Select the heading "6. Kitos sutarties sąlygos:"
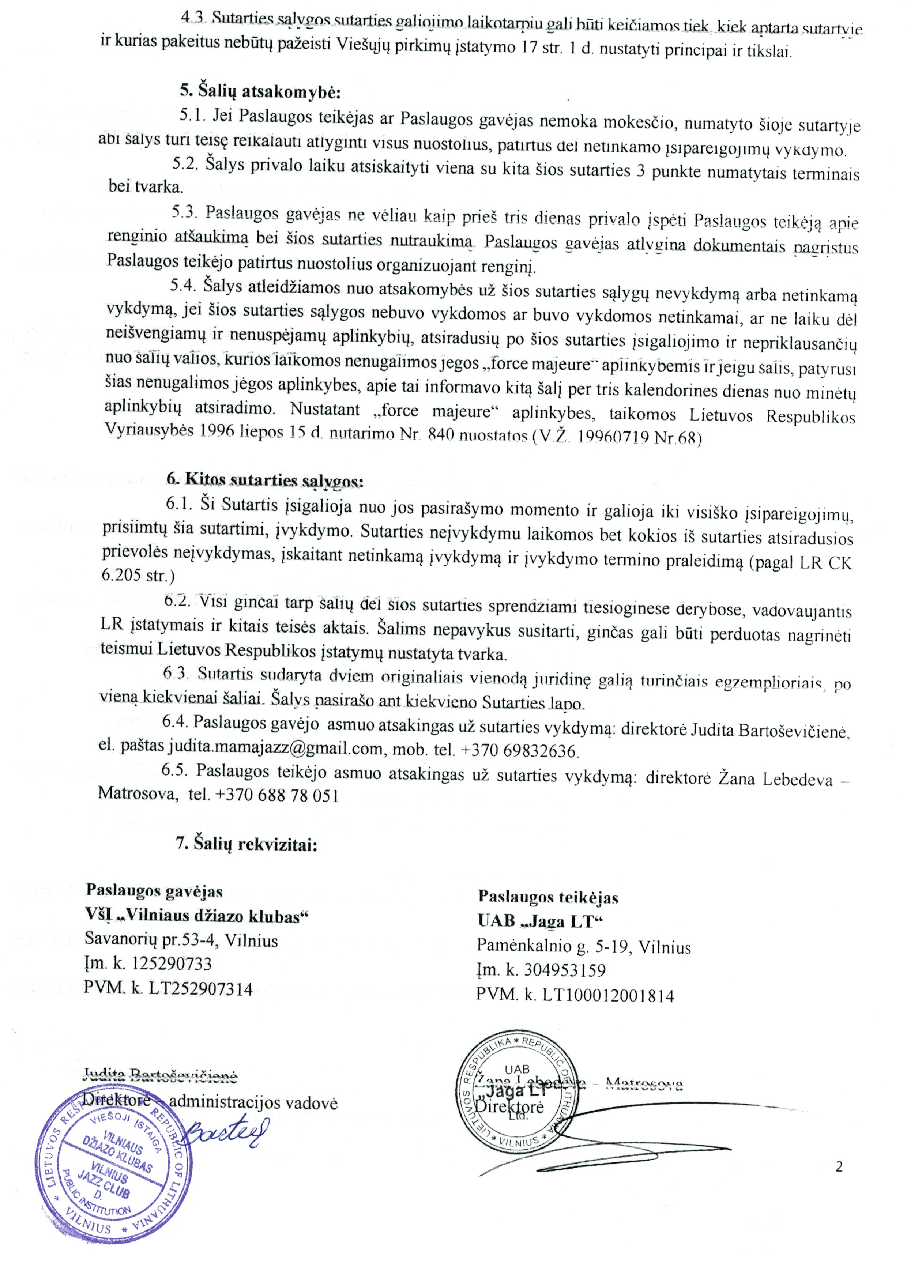coord(265,479)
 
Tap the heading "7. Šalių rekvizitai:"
coord(246,844)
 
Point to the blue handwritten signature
coord(226,1134)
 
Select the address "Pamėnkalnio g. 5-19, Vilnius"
coord(584,946)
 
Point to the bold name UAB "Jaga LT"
coord(541,921)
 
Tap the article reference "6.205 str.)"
coord(138,575)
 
